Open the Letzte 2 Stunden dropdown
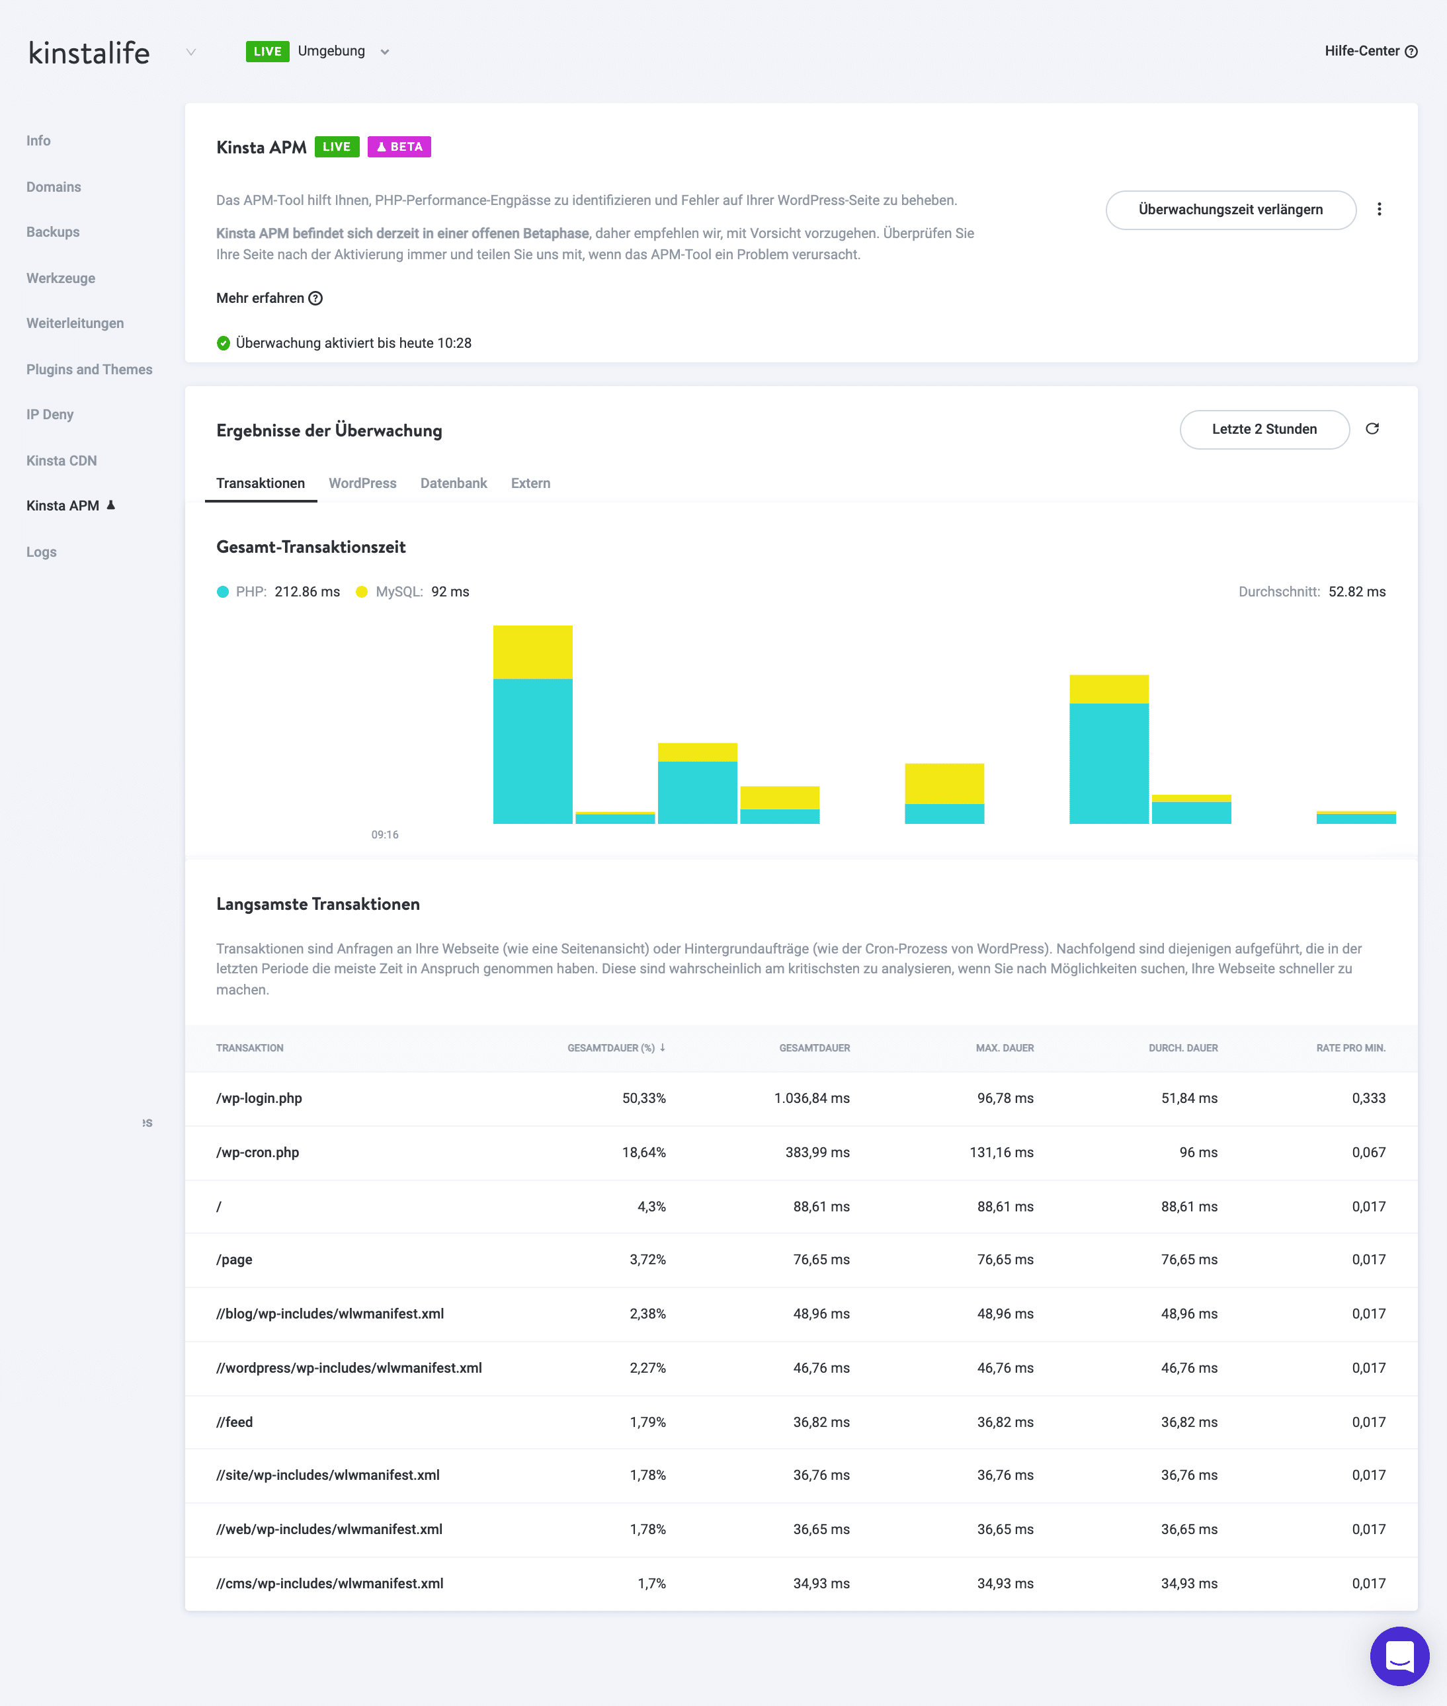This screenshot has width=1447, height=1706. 1263,429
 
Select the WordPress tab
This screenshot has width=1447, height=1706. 362,483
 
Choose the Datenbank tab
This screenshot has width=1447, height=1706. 453,483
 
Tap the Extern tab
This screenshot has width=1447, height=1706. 530,483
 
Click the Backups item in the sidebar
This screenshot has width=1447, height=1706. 52,232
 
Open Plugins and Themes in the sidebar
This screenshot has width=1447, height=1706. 89,369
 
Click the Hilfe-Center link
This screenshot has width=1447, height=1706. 1369,51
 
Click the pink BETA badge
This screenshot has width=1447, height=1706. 399,147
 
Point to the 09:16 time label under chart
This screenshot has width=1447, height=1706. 385,834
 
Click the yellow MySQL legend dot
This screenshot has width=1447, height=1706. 362,591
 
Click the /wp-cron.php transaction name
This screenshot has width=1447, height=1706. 257,1152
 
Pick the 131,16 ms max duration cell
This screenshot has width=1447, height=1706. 1001,1152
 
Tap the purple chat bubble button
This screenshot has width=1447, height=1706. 1399,1656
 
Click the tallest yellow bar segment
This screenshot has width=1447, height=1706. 532,652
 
